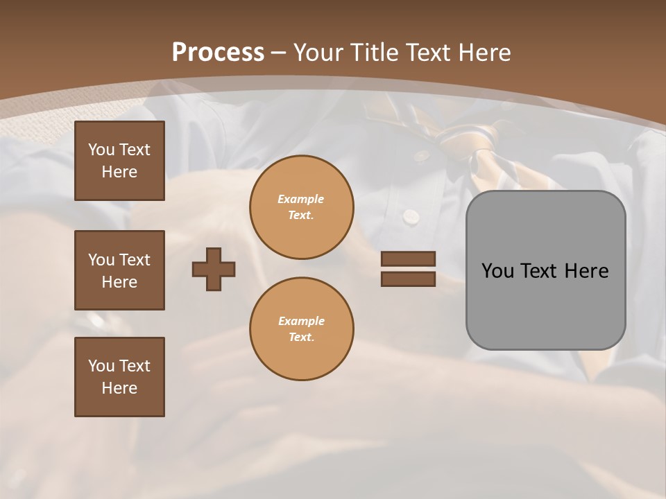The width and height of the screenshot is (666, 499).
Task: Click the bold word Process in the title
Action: coord(218,53)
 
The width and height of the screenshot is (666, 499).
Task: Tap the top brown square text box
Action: coord(119,161)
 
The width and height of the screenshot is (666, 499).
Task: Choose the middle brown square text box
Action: coord(119,270)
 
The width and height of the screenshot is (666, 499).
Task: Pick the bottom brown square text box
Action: coord(119,377)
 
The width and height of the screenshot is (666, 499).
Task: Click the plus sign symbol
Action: coord(214,269)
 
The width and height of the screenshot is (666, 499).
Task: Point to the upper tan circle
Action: coord(302,207)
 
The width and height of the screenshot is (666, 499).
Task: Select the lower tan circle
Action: coord(302,329)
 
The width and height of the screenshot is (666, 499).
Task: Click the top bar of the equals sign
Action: coord(408,259)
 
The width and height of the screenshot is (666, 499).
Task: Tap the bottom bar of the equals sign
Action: coord(408,279)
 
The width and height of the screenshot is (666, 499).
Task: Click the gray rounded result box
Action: coord(545,270)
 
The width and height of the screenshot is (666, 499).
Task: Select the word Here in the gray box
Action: coord(586,271)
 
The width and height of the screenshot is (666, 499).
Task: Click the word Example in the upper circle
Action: coord(301,199)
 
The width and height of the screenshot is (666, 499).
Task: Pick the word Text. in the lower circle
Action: coord(301,338)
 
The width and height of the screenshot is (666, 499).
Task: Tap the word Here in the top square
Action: coord(119,172)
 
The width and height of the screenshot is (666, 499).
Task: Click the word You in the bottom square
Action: coord(101,366)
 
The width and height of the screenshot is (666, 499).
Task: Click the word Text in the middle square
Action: coord(134,260)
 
